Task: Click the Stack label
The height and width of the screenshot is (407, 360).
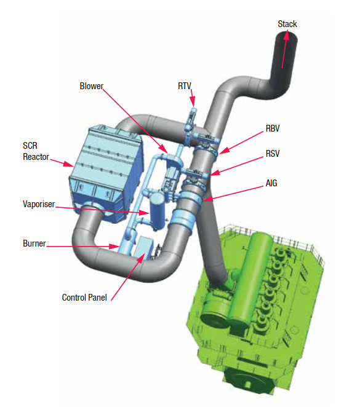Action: click(x=287, y=24)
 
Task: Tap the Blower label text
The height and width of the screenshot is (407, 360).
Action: click(x=92, y=86)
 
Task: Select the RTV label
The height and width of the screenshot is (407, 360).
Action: click(x=185, y=86)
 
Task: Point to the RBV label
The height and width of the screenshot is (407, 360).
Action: click(x=273, y=128)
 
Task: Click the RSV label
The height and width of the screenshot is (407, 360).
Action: click(x=273, y=154)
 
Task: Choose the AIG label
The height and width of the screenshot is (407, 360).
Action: click(x=271, y=183)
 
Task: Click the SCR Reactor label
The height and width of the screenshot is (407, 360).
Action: click(x=36, y=151)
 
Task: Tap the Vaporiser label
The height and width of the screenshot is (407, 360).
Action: click(x=39, y=204)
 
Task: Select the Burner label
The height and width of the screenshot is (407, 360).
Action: click(x=34, y=243)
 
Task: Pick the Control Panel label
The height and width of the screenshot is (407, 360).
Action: click(x=84, y=298)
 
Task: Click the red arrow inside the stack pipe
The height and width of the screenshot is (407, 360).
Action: click(x=285, y=49)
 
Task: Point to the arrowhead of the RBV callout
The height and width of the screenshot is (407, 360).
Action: click(x=225, y=151)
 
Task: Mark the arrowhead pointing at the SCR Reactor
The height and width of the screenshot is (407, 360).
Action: click(x=69, y=164)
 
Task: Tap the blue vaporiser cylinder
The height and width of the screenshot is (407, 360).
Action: click(x=157, y=211)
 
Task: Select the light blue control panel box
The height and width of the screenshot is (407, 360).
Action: click(x=143, y=248)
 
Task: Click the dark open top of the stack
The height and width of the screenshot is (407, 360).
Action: click(x=287, y=36)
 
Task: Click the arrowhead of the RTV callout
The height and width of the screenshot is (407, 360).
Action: click(x=193, y=102)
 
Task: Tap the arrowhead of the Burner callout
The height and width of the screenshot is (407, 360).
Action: click(x=114, y=247)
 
